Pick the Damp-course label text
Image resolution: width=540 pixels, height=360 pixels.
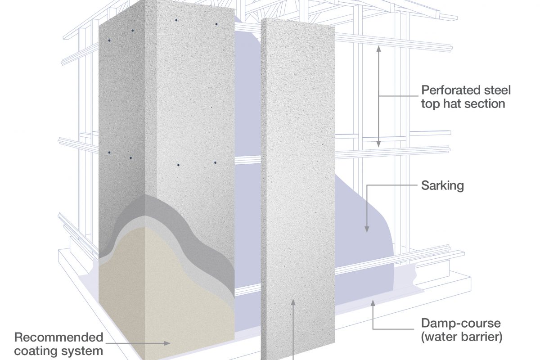pyautogui.click(x=460, y=323)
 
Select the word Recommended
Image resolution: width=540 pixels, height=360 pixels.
pyautogui.click(x=59, y=337)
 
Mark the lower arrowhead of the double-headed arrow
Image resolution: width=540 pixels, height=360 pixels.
pyautogui.click(x=378, y=144)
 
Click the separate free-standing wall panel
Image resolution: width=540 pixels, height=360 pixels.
pyautogui.click(x=297, y=180)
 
